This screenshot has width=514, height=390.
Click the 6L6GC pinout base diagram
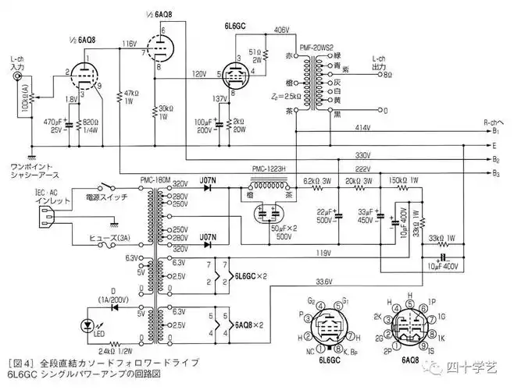(331, 326)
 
